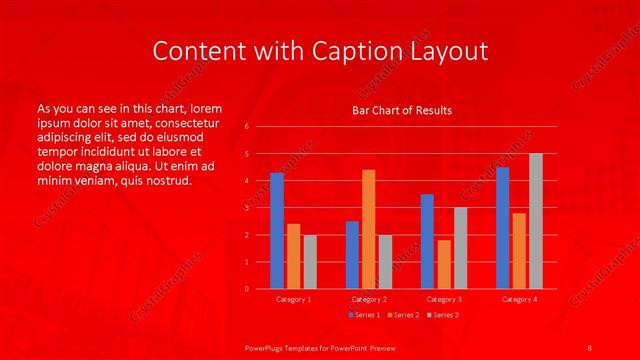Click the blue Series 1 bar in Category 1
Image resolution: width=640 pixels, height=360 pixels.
[277, 231]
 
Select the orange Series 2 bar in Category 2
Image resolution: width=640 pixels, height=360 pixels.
[369, 229]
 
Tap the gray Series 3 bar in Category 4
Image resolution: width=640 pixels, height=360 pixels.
[536, 221]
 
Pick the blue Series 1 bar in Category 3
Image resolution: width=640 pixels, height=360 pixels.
[427, 241]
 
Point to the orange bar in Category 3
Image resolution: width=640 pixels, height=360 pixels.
[444, 264]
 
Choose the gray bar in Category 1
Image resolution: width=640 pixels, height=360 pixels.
[310, 262]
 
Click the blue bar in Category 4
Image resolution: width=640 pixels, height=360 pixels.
[502, 228]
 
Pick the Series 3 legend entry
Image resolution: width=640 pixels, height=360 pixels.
[441, 316]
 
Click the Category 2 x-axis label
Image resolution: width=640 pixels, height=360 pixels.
[369, 299]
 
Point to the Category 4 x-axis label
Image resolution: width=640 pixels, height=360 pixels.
[519, 299]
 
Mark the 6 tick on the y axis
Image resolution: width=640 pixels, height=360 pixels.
[246, 127]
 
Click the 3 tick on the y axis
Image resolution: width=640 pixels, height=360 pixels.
[246, 208]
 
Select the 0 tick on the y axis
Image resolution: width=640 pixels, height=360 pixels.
[246, 289]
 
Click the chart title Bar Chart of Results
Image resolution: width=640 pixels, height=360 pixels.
[402, 110]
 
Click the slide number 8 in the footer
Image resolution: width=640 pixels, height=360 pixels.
[590, 346]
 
